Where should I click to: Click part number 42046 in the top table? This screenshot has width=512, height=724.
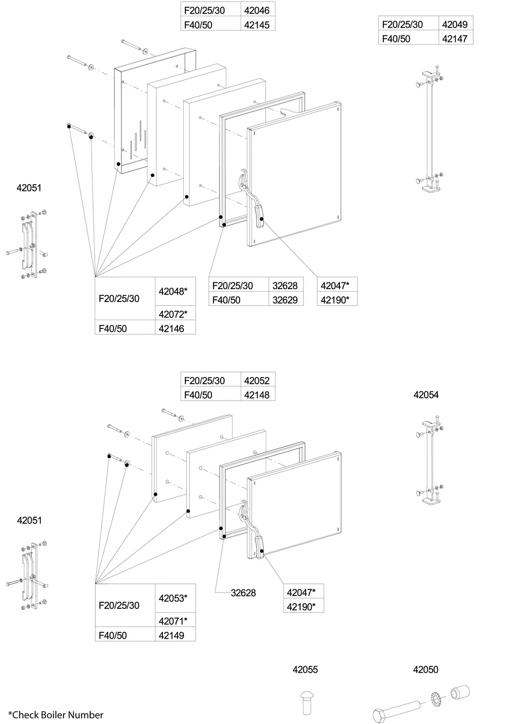(257, 10)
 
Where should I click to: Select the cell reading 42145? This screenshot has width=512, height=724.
(257, 25)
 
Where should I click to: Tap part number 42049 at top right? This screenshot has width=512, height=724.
(455, 24)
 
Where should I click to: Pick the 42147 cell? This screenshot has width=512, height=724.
(455, 38)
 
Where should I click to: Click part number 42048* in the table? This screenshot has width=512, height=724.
(173, 291)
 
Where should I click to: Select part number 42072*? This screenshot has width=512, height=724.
(173, 314)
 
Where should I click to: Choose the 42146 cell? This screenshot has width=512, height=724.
(172, 328)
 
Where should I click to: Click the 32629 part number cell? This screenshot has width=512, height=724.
(285, 300)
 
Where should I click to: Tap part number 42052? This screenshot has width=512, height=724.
(257, 381)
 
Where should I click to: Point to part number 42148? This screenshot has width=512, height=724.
(257, 395)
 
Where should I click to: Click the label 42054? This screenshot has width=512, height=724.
(426, 394)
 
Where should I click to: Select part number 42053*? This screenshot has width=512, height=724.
(173, 598)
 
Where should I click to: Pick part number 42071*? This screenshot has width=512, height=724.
(173, 621)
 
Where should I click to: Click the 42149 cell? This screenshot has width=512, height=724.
(172, 635)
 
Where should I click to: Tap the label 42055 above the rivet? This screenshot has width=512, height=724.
(305, 669)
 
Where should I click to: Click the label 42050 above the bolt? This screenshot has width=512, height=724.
(426, 669)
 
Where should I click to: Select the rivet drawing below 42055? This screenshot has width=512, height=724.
(306, 704)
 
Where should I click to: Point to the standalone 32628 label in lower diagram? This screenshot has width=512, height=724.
(243, 593)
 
